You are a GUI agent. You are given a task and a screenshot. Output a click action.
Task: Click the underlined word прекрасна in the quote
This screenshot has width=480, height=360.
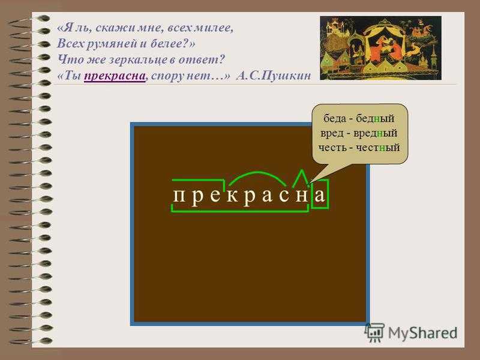[115, 76]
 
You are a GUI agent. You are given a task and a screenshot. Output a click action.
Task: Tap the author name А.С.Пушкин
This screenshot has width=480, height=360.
[274, 76]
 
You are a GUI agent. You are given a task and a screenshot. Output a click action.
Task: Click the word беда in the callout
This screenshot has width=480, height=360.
[335, 118]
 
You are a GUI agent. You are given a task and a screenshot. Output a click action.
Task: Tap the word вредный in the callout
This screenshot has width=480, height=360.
[375, 133]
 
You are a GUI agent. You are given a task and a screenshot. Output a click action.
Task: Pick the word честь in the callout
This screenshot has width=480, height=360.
[332, 148]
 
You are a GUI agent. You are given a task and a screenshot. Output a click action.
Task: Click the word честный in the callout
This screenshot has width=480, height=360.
[377, 148]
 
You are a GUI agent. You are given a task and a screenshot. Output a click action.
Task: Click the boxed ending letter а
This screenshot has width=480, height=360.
[320, 194]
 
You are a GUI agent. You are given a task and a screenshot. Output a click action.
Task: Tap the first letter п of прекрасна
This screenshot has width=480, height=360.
[178, 196]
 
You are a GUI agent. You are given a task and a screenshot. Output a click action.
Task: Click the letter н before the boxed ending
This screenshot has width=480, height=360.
[302, 196]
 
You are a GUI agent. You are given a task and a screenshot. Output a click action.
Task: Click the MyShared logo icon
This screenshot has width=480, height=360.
[374, 332]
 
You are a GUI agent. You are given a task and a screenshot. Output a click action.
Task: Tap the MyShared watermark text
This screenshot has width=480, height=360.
[422, 333]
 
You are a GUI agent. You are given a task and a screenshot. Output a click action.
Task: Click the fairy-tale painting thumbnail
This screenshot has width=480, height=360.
[380, 48]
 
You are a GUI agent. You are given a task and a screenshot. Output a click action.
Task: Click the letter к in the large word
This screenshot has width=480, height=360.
[233, 196]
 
